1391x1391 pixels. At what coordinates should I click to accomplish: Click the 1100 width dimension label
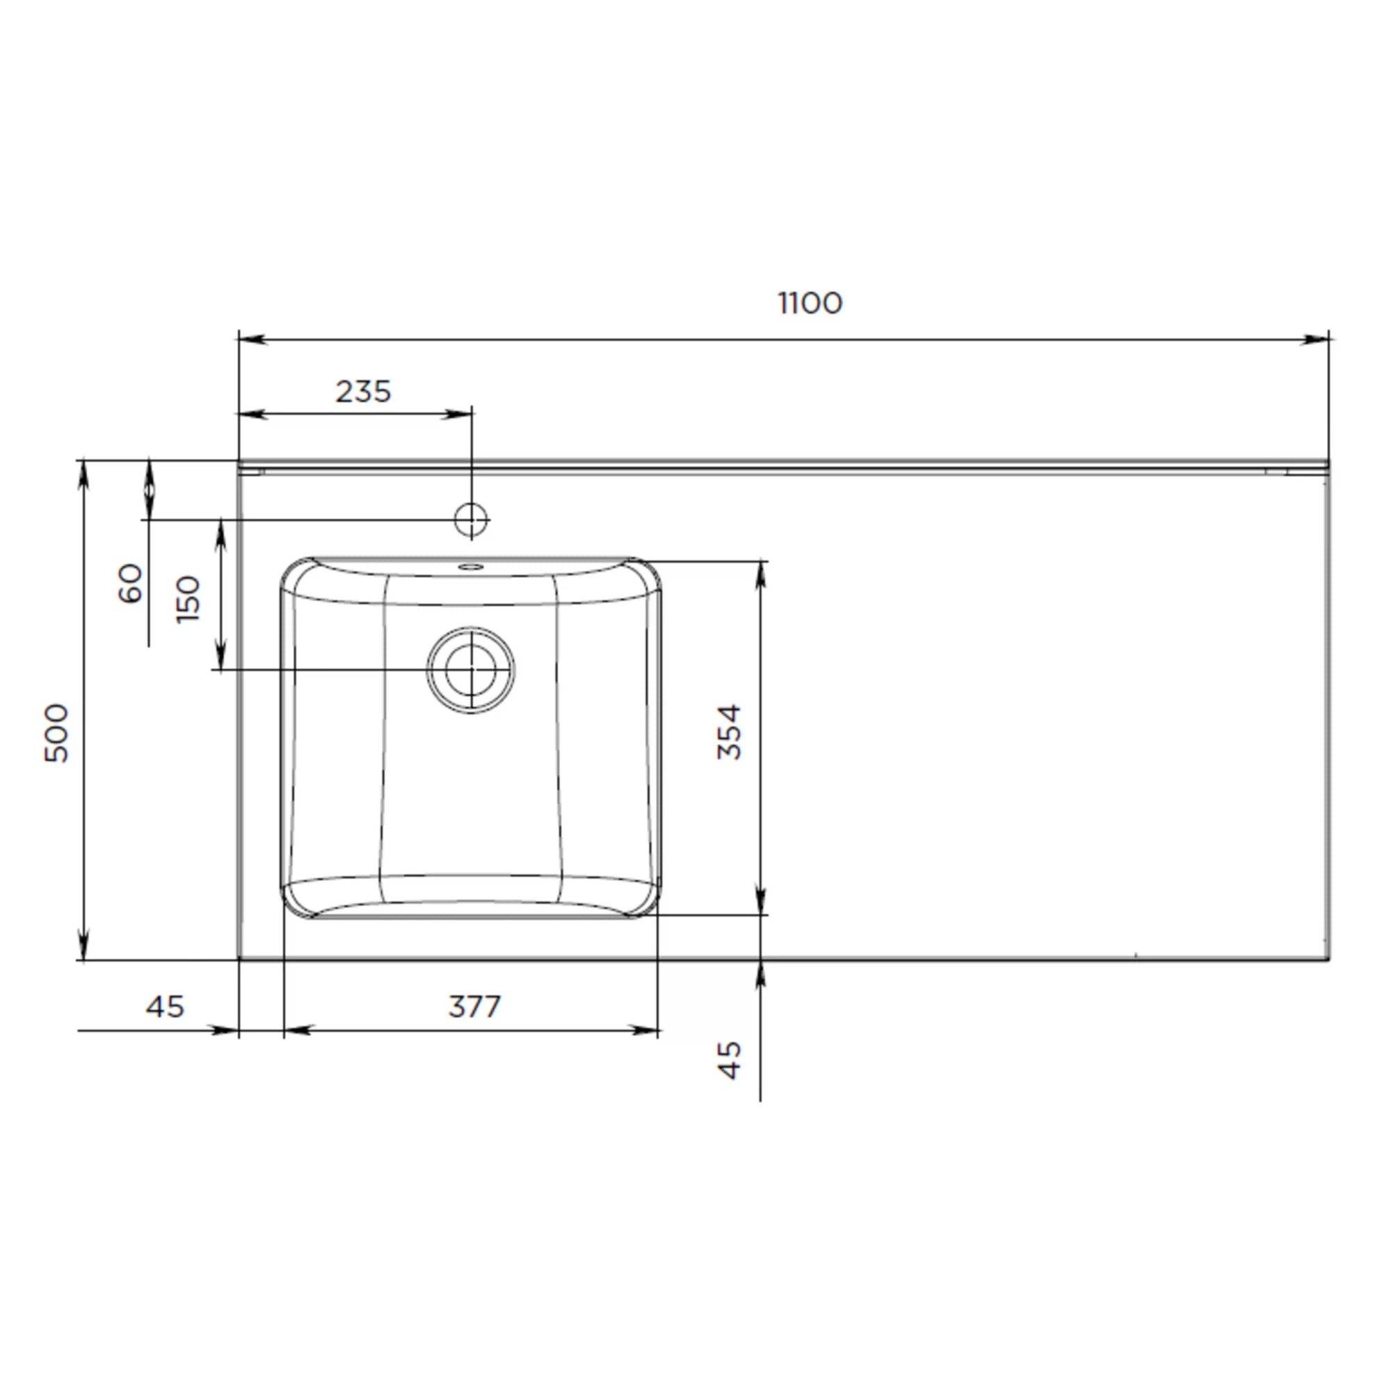click(x=810, y=303)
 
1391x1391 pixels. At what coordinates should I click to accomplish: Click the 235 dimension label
click(x=364, y=392)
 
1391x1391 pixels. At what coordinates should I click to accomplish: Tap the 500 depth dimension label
click(x=57, y=733)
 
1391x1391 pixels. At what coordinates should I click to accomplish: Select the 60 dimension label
click(x=130, y=584)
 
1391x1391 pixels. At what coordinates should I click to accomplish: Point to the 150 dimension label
click(x=188, y=599)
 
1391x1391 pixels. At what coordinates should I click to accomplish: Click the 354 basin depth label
click(x=730, y=732)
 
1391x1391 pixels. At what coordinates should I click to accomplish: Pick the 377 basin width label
click(x=474, y=1006)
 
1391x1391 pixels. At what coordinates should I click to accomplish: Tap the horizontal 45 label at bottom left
click(x=165, y=1006)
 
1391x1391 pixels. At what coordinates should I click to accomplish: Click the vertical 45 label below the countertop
click(x=730, y=1060)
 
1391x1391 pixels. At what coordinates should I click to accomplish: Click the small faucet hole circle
click(x=472, y=518)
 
